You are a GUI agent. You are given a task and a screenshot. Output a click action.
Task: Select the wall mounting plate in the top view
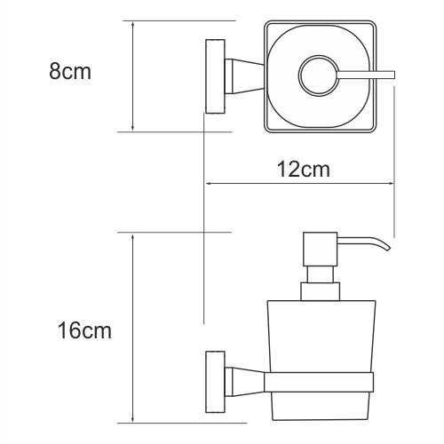tap(213, 76)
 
